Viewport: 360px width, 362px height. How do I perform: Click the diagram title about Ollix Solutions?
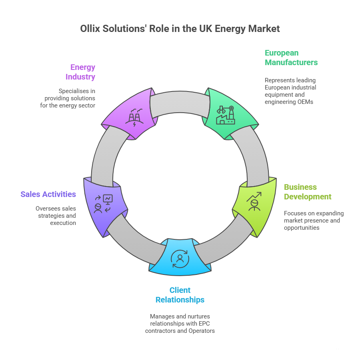click(180, 29)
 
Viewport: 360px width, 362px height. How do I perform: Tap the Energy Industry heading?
click(83, 72)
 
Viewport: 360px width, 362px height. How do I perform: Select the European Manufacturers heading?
click(291, 58)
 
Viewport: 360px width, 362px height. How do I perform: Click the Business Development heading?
click(308, 192)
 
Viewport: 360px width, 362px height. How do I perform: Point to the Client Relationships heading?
click(180, 295)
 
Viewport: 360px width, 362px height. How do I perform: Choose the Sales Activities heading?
click(48, 194)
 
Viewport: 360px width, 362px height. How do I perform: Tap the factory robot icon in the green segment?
click(225, 115)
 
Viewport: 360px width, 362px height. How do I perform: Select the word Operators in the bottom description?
click(202, 331)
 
